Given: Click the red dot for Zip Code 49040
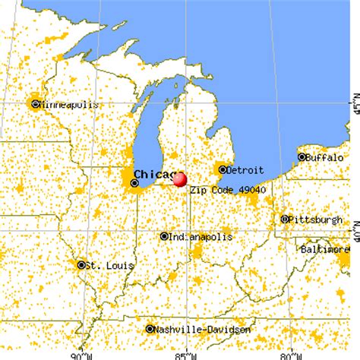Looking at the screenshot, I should tap(180, 179).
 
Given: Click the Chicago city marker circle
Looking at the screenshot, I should tap(135, 183).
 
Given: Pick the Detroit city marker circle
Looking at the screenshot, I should tap(223, 169).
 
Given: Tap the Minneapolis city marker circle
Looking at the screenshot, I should tap(35, 103).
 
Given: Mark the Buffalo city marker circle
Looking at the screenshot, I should tap(302, 157).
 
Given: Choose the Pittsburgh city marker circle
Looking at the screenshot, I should tap(285, 219).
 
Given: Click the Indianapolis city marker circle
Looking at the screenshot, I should tap(164, 236).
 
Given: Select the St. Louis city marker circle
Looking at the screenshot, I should tap(81, 265).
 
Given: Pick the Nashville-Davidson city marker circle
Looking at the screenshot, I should tap(150, 329).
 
